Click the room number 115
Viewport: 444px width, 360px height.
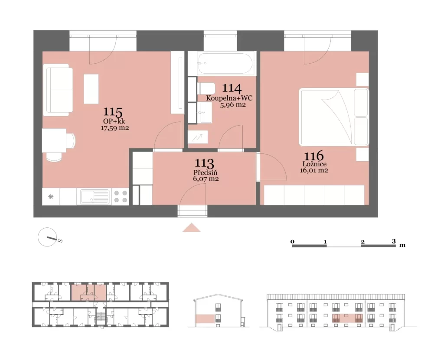[x=113, y=112]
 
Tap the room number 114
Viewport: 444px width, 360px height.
[x=232, y=88]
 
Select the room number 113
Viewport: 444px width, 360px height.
[x=204, y=163]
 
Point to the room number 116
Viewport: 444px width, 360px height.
[x=314, y=156]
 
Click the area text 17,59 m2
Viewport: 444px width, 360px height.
[x=114, y=128]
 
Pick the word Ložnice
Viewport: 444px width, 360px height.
[x=314, y=164]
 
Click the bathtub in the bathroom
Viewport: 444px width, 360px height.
[x=225, y=64]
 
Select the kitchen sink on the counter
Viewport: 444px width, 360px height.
[x=95, y=197]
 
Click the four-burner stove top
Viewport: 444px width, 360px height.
[x=121, y=197]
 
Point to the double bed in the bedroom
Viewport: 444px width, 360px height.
[x=334, y=117]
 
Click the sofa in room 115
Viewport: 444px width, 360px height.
[x=58, y=90]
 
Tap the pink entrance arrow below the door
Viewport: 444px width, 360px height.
[x=191, y=227]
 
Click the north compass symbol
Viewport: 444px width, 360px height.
[x=48, y=237]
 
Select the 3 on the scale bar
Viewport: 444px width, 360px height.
[x=394, y=241]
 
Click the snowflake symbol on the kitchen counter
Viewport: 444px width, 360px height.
[x=51, y=197]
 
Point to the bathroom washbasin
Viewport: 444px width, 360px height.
[x=204, y=113]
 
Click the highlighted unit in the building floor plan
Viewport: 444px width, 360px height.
[x=88, y=291]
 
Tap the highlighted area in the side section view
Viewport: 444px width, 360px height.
[x=205, y=319]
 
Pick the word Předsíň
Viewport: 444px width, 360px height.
[x=206, y=172]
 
